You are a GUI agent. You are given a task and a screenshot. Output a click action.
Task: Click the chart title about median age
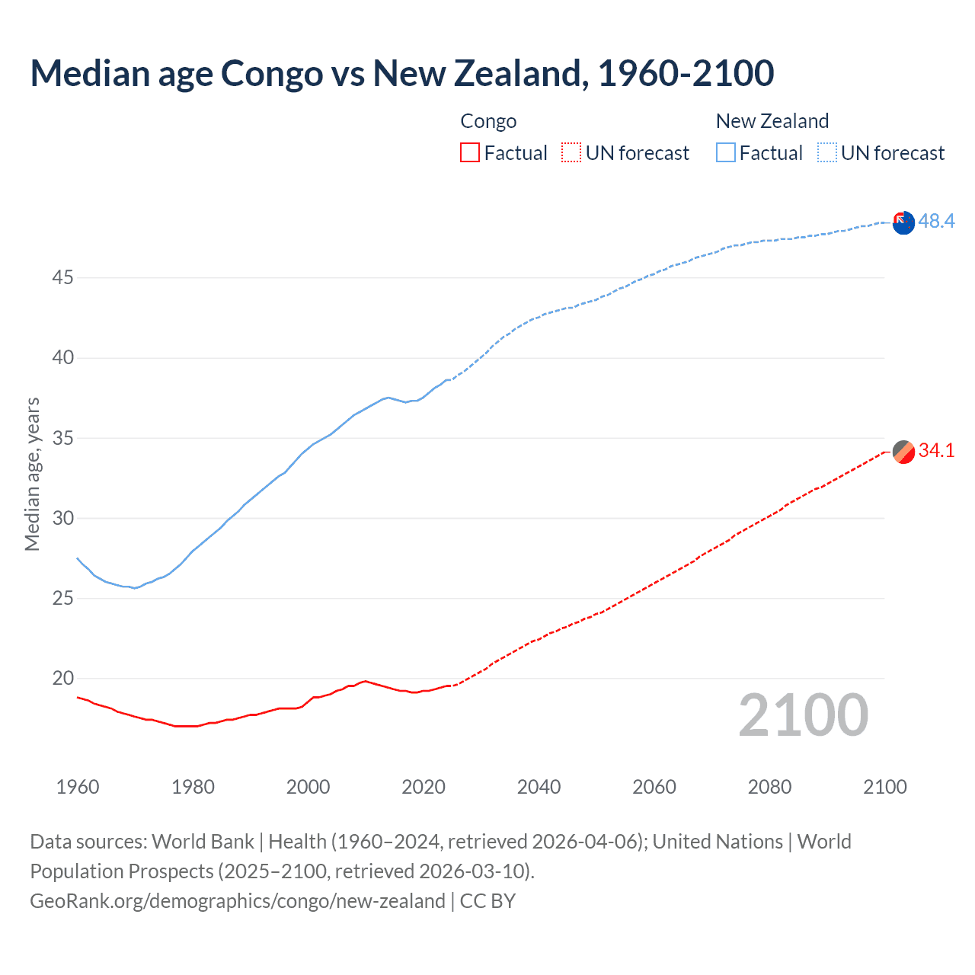click(x=401, y=73)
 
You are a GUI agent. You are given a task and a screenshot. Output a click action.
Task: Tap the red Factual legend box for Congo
click(x=470, y=152)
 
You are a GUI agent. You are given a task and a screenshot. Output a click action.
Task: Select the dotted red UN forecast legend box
click(x=571, y=152)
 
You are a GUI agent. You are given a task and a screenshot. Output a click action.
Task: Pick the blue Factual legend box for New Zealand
click(x=726, y=152)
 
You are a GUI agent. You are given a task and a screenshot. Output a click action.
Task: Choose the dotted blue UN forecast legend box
click(x=827, y=152)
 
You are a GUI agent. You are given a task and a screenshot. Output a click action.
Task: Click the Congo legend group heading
click(x=488, y=121)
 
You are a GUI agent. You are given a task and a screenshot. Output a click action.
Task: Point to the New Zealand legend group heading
click(x=772, y=121)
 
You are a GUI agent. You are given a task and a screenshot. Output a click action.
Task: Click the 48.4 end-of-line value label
click(x=936, y=221)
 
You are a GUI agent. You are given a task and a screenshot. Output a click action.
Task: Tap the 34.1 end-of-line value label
click(x=936, y=450)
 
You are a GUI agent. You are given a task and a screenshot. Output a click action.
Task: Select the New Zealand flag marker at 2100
click(x=903, y=223)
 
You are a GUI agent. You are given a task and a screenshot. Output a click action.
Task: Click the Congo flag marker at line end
click(x=903, y=452)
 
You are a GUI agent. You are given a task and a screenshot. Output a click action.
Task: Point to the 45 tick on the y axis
click(x=62, y=278)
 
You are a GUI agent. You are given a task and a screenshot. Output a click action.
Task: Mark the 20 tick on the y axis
click(x=62, y=678)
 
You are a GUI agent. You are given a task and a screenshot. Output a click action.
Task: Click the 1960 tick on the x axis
click(x=78, y=787)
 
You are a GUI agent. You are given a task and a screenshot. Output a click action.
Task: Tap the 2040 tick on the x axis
click(x=539, y=787)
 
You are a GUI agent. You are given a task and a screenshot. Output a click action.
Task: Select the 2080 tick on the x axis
click(x=769, y=787)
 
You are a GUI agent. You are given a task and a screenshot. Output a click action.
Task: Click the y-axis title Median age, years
click(x=32, y=474)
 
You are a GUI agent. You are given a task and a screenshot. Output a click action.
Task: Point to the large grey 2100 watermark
click(x=803, y=714)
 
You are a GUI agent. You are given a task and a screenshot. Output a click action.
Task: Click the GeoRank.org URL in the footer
click(x=237, y=901)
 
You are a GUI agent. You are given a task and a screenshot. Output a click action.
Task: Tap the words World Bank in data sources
click(x=203, y=842)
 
